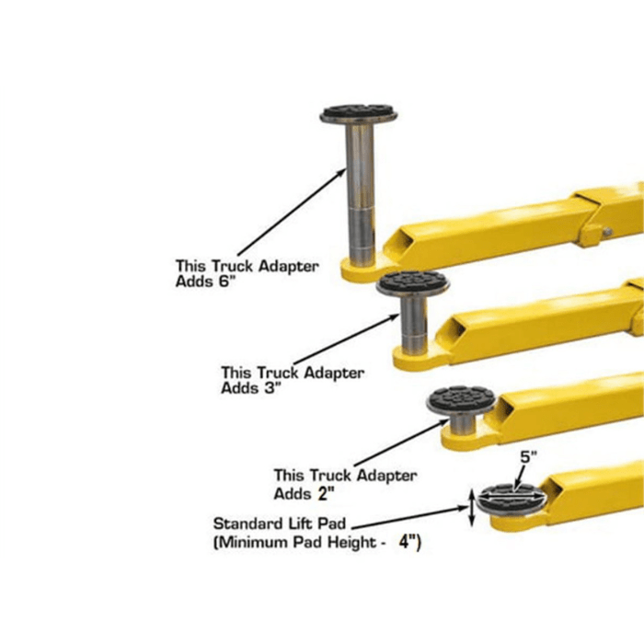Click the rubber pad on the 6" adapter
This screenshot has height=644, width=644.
[x=359, y=115]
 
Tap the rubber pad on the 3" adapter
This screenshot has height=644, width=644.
[x=412, y=283]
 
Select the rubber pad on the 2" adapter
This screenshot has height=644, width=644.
[x=461, y=399]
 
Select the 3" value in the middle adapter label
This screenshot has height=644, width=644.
[x=270, y=388]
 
